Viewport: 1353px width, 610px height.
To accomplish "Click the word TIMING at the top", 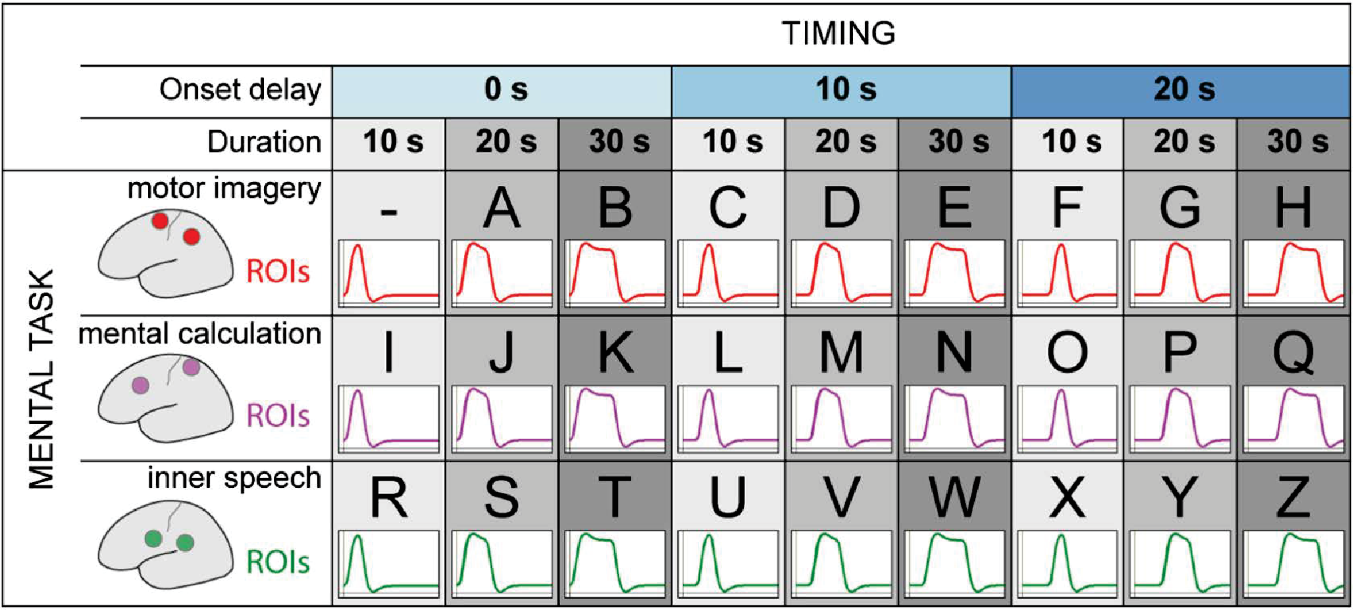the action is coord(838,33).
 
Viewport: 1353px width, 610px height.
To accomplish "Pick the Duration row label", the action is coord(264,142).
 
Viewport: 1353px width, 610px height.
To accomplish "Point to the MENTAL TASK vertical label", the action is coord(41,379).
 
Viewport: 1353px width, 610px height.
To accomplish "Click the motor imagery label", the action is coord(224,189).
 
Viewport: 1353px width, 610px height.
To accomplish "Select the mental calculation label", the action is coord(200,333).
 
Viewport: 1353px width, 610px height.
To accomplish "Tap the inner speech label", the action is coord(234,479).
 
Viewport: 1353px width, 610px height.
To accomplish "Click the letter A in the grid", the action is coord(501,207).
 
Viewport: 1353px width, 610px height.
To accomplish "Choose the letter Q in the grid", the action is coord(1294,353).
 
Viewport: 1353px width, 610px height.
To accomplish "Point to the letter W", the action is coord(954,497).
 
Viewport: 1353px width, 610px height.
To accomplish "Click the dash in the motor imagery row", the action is coord(389,213).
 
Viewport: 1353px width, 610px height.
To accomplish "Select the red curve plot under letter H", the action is coord(1294,273).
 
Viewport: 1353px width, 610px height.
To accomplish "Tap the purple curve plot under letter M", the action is coord(841,419).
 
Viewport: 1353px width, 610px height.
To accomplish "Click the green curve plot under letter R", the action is coord(389,564).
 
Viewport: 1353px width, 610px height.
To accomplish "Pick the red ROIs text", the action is coord(278,272).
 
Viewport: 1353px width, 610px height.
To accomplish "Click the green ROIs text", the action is coord(278,562).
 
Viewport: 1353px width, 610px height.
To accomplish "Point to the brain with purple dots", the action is coord(165,400).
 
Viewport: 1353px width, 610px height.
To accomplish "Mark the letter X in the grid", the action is coord(1067,497).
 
